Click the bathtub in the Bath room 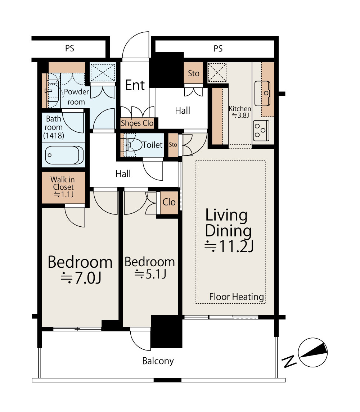64,155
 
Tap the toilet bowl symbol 134,145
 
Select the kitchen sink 262,93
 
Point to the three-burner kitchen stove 261,130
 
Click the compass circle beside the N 313,352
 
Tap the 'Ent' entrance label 135,85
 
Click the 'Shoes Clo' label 137,123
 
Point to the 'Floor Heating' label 237,296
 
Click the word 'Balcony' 158,361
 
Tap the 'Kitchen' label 240,109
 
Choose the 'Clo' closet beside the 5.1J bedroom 169,202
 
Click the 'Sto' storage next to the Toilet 173,145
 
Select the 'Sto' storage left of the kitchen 194,73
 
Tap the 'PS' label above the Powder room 70,48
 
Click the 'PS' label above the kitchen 218,49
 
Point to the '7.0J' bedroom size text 81,278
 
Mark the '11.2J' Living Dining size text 229,246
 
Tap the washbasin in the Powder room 53,91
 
